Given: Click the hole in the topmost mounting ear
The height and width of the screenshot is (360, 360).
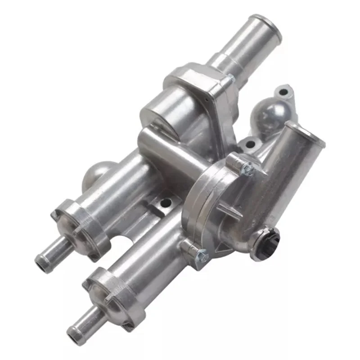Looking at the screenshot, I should pos(283,92).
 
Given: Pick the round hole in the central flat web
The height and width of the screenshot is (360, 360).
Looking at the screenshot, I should pos(166,203).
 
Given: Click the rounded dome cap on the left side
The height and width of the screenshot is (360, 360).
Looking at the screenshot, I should pos(95,173).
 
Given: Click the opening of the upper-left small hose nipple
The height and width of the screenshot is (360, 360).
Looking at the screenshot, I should pos(41,260).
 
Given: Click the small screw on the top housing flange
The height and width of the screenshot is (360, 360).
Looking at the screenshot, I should pos(231,79).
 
